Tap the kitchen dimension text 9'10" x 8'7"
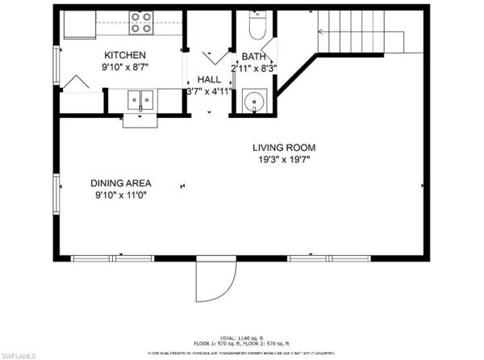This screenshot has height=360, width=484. (126, 69)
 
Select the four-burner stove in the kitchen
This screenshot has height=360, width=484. (141, 23)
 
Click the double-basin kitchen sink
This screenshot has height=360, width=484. (141, 100)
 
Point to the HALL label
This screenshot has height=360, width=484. (209, 79)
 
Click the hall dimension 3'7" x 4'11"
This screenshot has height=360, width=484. (209, 91)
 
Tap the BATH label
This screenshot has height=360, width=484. (253, 57)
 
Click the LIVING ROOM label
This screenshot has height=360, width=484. (283, 148)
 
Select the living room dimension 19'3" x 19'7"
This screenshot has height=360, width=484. (283, 160)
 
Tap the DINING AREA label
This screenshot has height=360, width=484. (121, 183)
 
